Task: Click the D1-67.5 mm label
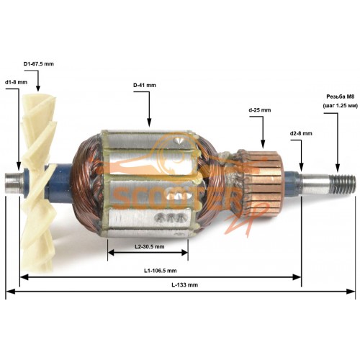point(38,64)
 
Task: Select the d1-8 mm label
point(16,82)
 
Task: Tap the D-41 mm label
point(145,85)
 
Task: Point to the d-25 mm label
point(260,110)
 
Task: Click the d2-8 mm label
point(301,133)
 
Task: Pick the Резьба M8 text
point(339,96)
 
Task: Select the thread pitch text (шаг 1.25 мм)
point(341,106)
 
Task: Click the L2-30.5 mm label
point(150,246)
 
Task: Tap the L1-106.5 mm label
point(161,271)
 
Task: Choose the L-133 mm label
point(184,285)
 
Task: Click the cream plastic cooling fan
point(38,182)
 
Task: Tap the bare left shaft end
point(14,184)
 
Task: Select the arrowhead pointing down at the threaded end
point(338,168)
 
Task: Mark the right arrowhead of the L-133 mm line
point(351,292)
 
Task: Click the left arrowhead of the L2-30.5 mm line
point(112,253)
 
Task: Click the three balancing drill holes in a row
point(170,217)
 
